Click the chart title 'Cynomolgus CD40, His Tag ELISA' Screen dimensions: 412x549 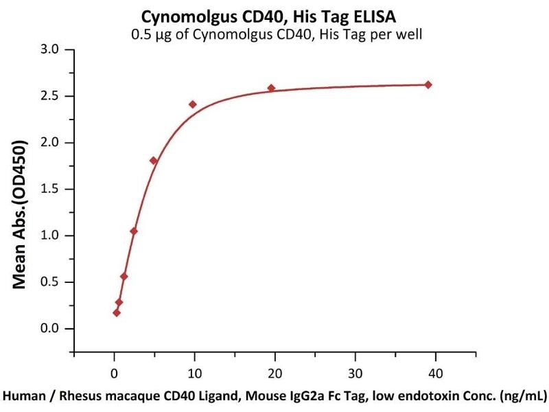click(274, 15)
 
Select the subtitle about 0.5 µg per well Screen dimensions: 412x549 click(274, 34)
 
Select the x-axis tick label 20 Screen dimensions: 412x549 click(274, 374)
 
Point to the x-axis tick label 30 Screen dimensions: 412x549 click(355, 374)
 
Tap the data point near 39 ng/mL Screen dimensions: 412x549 click(428, 84)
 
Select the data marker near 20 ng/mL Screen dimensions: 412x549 click(271, 88)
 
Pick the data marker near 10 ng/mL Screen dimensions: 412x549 click(193, 104)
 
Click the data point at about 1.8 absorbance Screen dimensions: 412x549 click(153, 161)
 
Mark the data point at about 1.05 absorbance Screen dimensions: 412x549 click(134, 231)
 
